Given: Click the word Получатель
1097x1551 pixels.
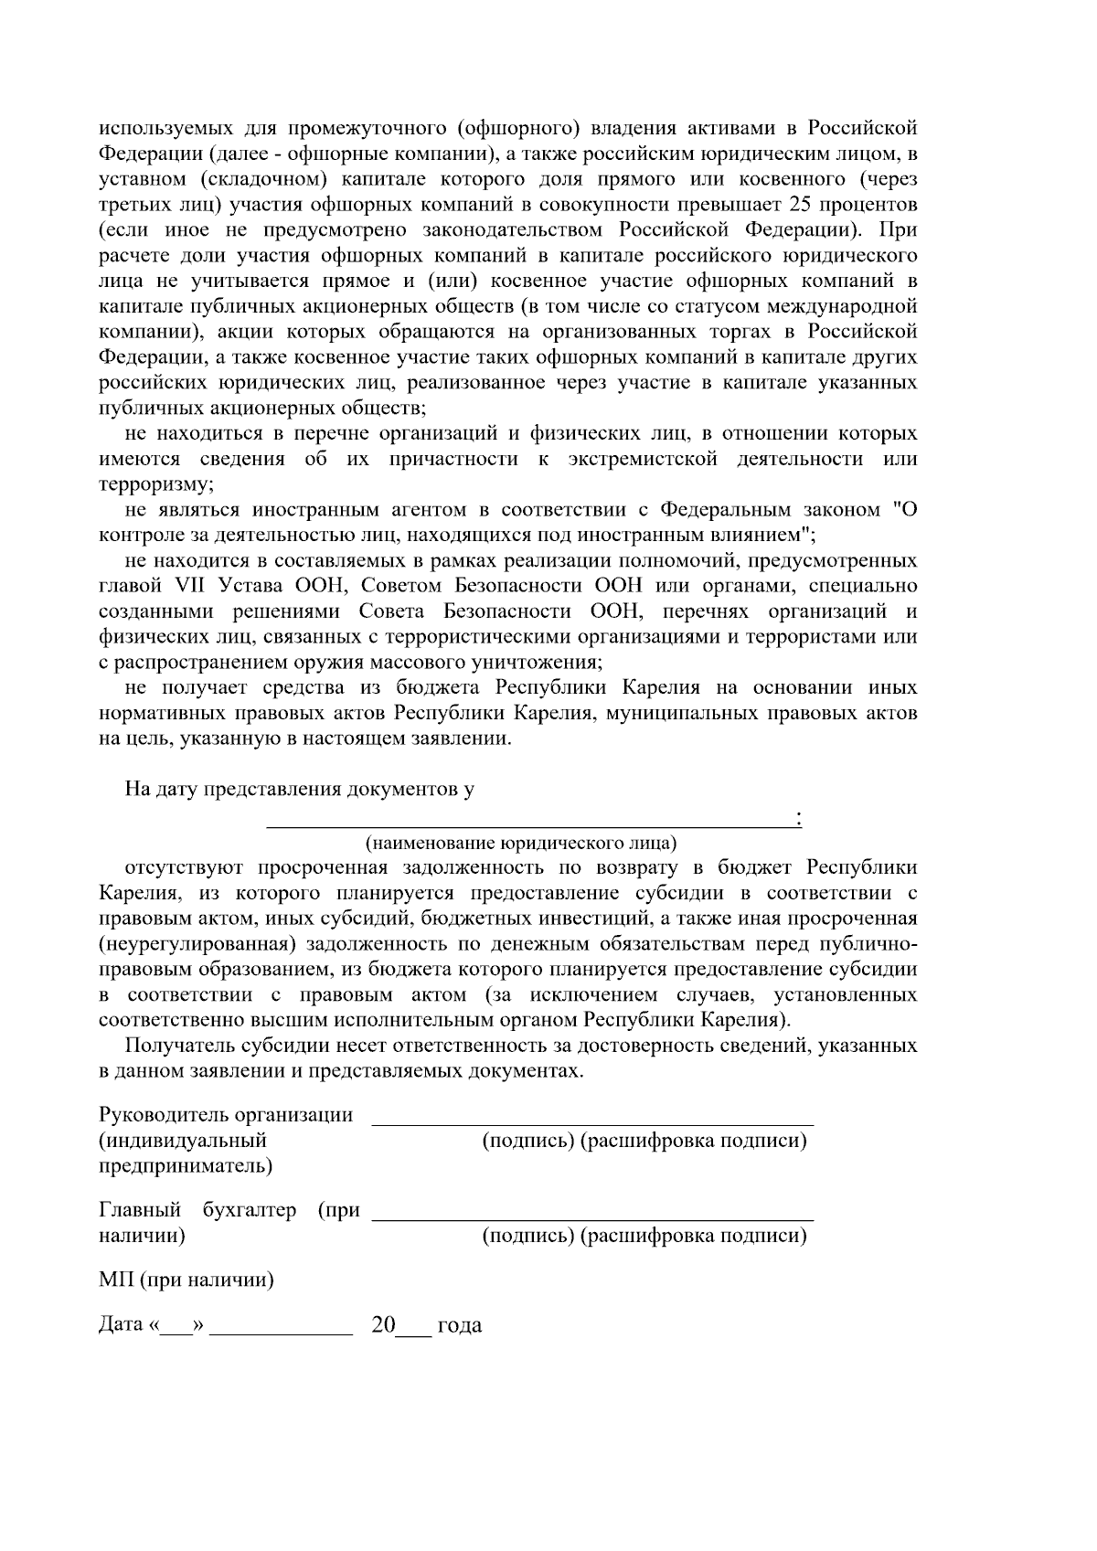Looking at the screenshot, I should (x=179, y=1045).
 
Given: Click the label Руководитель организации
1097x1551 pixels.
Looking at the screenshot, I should (x=225, y=1115).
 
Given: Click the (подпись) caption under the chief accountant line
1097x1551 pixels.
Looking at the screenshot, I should (x=527, y=1237).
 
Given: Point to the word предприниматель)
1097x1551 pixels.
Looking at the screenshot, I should (x=185, y=1166).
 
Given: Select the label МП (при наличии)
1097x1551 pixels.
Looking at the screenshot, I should (x=186, y=1280).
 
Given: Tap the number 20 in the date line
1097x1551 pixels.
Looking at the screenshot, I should (x=382, y=1325).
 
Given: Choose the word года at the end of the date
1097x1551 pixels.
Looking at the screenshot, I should (x=460, y=1326).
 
